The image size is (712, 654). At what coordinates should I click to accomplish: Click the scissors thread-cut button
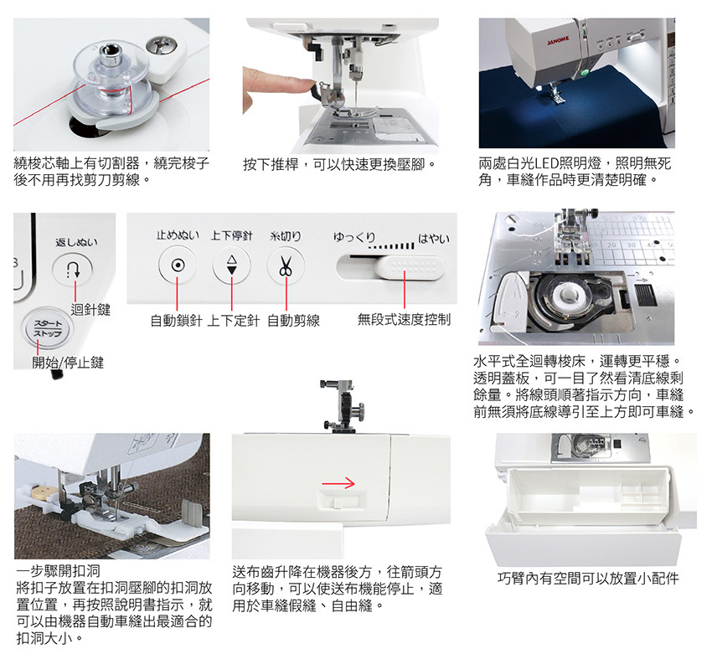point(286,265)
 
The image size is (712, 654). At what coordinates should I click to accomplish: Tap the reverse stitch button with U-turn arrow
point(73,270)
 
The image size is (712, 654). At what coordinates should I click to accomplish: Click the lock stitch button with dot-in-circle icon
point(178,265)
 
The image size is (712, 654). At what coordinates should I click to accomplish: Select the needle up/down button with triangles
point(231,265)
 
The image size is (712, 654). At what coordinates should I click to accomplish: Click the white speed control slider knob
point(409,267)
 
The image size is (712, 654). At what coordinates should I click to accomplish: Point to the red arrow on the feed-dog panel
point(338,483)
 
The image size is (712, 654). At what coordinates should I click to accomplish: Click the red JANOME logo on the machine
point(558,40)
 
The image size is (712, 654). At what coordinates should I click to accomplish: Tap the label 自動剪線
point(293,321)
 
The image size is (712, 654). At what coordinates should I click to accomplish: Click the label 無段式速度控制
point(404,320)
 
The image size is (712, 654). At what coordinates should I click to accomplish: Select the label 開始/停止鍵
point(68,363)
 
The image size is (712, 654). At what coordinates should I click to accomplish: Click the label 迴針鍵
point(90,310)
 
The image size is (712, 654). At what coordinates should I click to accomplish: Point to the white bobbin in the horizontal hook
point(568,295)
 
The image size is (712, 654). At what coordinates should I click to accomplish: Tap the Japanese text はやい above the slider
point(433,239)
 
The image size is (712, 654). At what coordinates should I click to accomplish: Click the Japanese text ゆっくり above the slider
point(354,237)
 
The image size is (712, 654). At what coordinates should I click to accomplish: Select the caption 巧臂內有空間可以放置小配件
point(589,578)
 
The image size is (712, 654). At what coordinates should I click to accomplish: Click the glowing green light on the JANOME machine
point(585,72)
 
